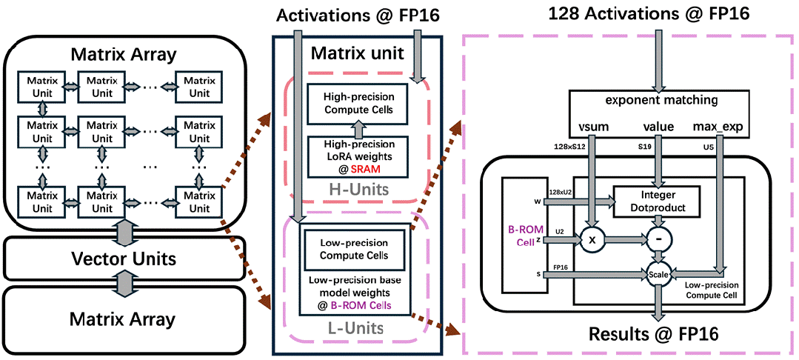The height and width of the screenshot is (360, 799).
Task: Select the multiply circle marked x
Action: coord(592,240)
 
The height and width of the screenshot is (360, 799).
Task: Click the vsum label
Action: coord(592,126)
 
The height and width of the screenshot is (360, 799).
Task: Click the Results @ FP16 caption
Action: coord(653,333)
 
